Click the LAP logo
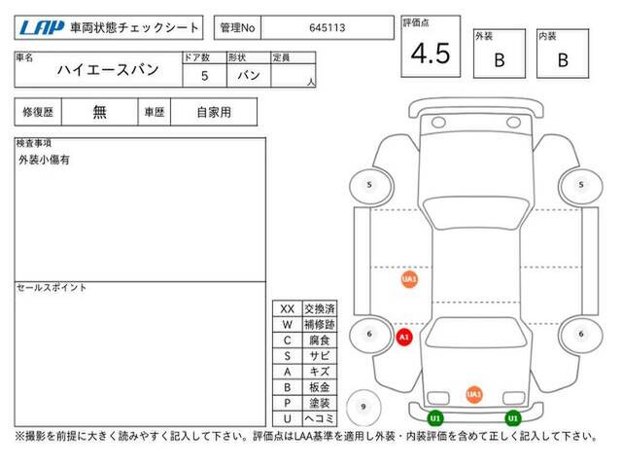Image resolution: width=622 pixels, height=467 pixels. tap(42, 28)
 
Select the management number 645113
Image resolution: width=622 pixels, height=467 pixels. tap(328, 28)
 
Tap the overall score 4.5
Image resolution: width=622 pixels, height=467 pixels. tap(431, 54)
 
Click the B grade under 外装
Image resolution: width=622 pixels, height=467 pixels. tap(500, 60)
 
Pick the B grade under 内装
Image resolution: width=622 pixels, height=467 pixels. tap(563, 60)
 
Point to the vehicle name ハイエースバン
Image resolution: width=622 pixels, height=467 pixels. tap(108, 70)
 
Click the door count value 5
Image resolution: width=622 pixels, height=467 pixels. tap(204, 76)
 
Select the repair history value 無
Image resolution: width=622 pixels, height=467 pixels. tap(99, 112)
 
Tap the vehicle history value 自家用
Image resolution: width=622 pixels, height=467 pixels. tap(214, 113)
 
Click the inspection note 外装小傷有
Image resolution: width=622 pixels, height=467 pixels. tap(44, 160)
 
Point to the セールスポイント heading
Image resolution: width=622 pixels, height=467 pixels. tap(52, 288)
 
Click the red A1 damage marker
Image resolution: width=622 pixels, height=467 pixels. tap(404, 338)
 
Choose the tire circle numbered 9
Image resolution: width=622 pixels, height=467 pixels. tap(363, 407)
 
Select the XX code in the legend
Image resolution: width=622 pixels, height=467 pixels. tap(288, 309)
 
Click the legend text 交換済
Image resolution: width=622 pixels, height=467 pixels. tap(320, 309)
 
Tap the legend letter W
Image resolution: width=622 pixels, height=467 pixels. tap(288, 324)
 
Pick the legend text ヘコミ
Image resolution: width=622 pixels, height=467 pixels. tap(320, 418)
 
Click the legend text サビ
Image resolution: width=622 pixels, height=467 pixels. tap(320, 356)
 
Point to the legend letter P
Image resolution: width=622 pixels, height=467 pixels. tap(288, 403)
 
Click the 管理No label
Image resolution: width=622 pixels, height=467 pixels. tap(237, 28)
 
